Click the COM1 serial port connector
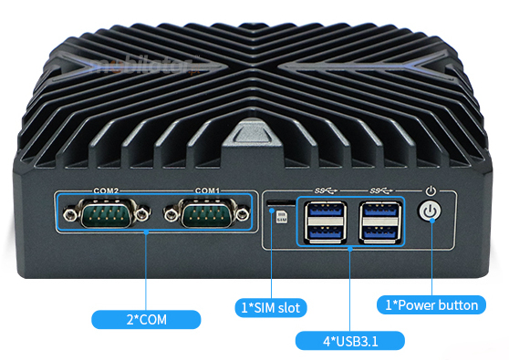pos(205,215)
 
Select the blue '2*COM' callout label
pos(146,319)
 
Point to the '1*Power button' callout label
pos(430,304)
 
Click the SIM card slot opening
pos(277,200)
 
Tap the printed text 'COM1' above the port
pos(206,190)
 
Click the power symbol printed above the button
pos(431,191)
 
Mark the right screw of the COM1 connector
pos(242,215)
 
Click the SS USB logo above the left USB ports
pos(325,190)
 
